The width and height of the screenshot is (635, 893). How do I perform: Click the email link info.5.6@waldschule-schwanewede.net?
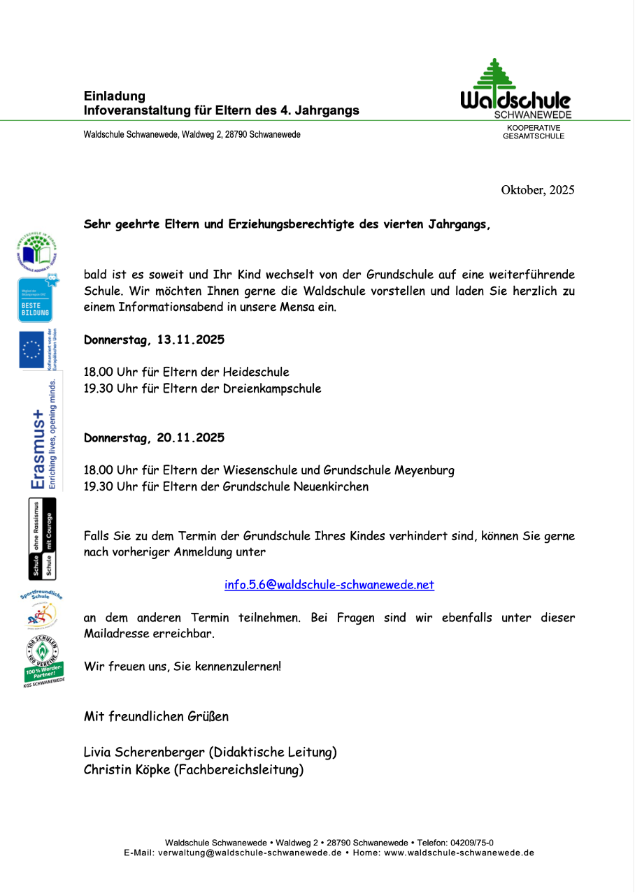pyautogui.click(x=329, y=585)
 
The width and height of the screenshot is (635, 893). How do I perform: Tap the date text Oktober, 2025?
pyautogui.click(x=537, y=190)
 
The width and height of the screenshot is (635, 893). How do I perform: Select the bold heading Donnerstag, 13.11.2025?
pyautogui.click(x=154, y=340)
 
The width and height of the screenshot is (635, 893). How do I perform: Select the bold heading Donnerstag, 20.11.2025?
pyautogui.click(x=154, y=438)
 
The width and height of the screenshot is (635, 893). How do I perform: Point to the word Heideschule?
pyautogui.click(x=256, y=372)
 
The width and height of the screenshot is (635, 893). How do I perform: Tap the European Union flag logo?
pyautogui.click(x=31, y=349)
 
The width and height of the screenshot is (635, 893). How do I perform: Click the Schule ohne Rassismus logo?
pyautogui.click(x=42, y=539)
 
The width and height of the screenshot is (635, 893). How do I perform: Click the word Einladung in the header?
pyautogui.click(x=115, y=96)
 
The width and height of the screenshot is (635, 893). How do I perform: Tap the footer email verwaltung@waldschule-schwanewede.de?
pyautogui.click(x=250, y=852)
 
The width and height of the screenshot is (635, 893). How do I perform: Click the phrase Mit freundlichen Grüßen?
pyautogui.click(x=156, y=717)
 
